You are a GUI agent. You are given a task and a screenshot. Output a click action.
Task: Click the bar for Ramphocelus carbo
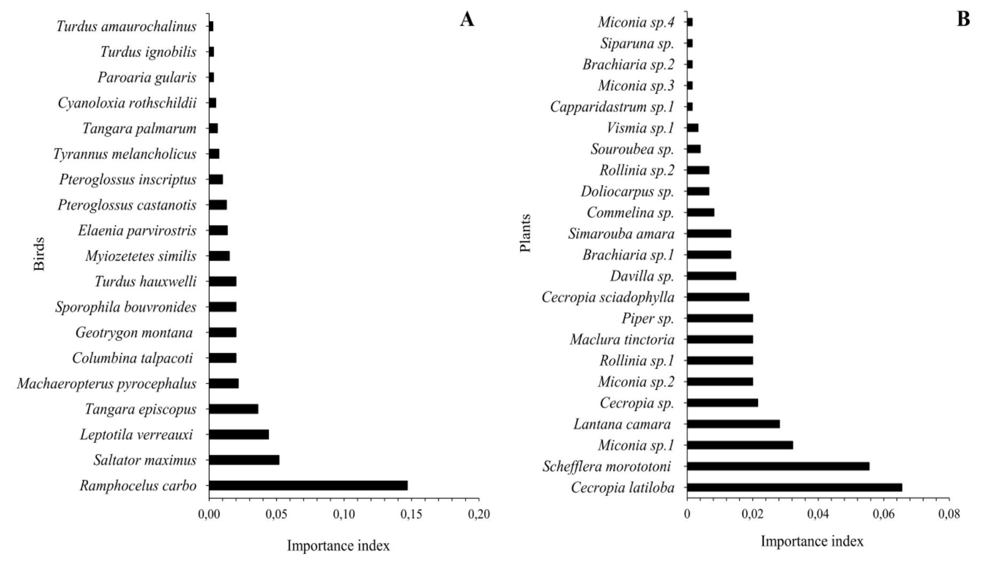[308, 486]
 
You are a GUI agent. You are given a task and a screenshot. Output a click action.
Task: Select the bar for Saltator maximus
[244, 460]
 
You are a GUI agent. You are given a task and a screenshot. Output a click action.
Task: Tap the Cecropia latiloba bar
[794, 487]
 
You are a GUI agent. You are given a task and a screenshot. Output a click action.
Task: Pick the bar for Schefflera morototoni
[778, 466]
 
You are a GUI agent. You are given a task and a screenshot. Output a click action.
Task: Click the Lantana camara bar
[733, 424]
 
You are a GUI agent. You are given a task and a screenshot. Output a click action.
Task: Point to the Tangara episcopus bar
[234, 409]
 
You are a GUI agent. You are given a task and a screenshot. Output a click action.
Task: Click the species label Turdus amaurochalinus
[126, 26]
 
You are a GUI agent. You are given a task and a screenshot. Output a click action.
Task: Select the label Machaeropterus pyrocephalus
[106, 384]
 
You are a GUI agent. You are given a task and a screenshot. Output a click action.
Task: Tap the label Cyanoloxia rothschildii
[127, 103]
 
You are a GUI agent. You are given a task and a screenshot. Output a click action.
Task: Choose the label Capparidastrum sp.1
[612, 107]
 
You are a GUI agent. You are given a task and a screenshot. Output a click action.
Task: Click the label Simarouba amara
[621, 234]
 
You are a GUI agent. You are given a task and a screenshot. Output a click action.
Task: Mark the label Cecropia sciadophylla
[608, 297]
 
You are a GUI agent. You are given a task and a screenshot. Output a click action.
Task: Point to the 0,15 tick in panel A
[411, 515]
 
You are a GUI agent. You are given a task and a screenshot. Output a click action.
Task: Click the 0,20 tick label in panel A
[479, 515]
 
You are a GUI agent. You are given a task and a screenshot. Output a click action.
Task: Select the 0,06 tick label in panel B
[883, 515]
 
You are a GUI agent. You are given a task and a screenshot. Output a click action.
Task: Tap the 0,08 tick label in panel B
[949, 515]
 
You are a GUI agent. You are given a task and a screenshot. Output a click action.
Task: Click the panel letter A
[467, 20]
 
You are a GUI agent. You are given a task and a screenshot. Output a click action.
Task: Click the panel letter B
[963, 19]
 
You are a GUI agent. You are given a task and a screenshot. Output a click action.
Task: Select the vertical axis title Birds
[40, 254]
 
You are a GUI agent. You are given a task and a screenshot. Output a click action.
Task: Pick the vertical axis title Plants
[526, 233]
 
